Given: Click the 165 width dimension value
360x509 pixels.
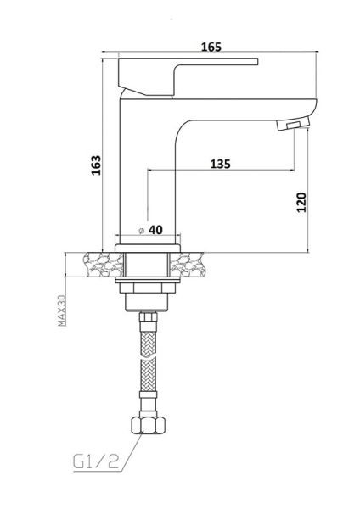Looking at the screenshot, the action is (x=211, y=47).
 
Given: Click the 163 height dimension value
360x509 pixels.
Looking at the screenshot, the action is (x=96, y=165).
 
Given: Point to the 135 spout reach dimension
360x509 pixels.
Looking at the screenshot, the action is (x=220, y=164).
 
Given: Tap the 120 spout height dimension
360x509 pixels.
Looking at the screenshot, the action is (x=301, y=202).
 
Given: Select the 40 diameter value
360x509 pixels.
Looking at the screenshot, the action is (x=155, y=230).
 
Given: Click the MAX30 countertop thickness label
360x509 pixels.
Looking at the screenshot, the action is (x=61, y=310).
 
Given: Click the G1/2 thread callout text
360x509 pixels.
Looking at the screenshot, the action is (x=96, y=461).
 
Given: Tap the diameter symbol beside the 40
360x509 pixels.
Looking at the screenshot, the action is (x=141, y=231).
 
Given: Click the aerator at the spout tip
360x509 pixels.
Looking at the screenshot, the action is (x=294, y=124).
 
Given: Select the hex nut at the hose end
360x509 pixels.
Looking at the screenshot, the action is (x=149, y=425).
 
